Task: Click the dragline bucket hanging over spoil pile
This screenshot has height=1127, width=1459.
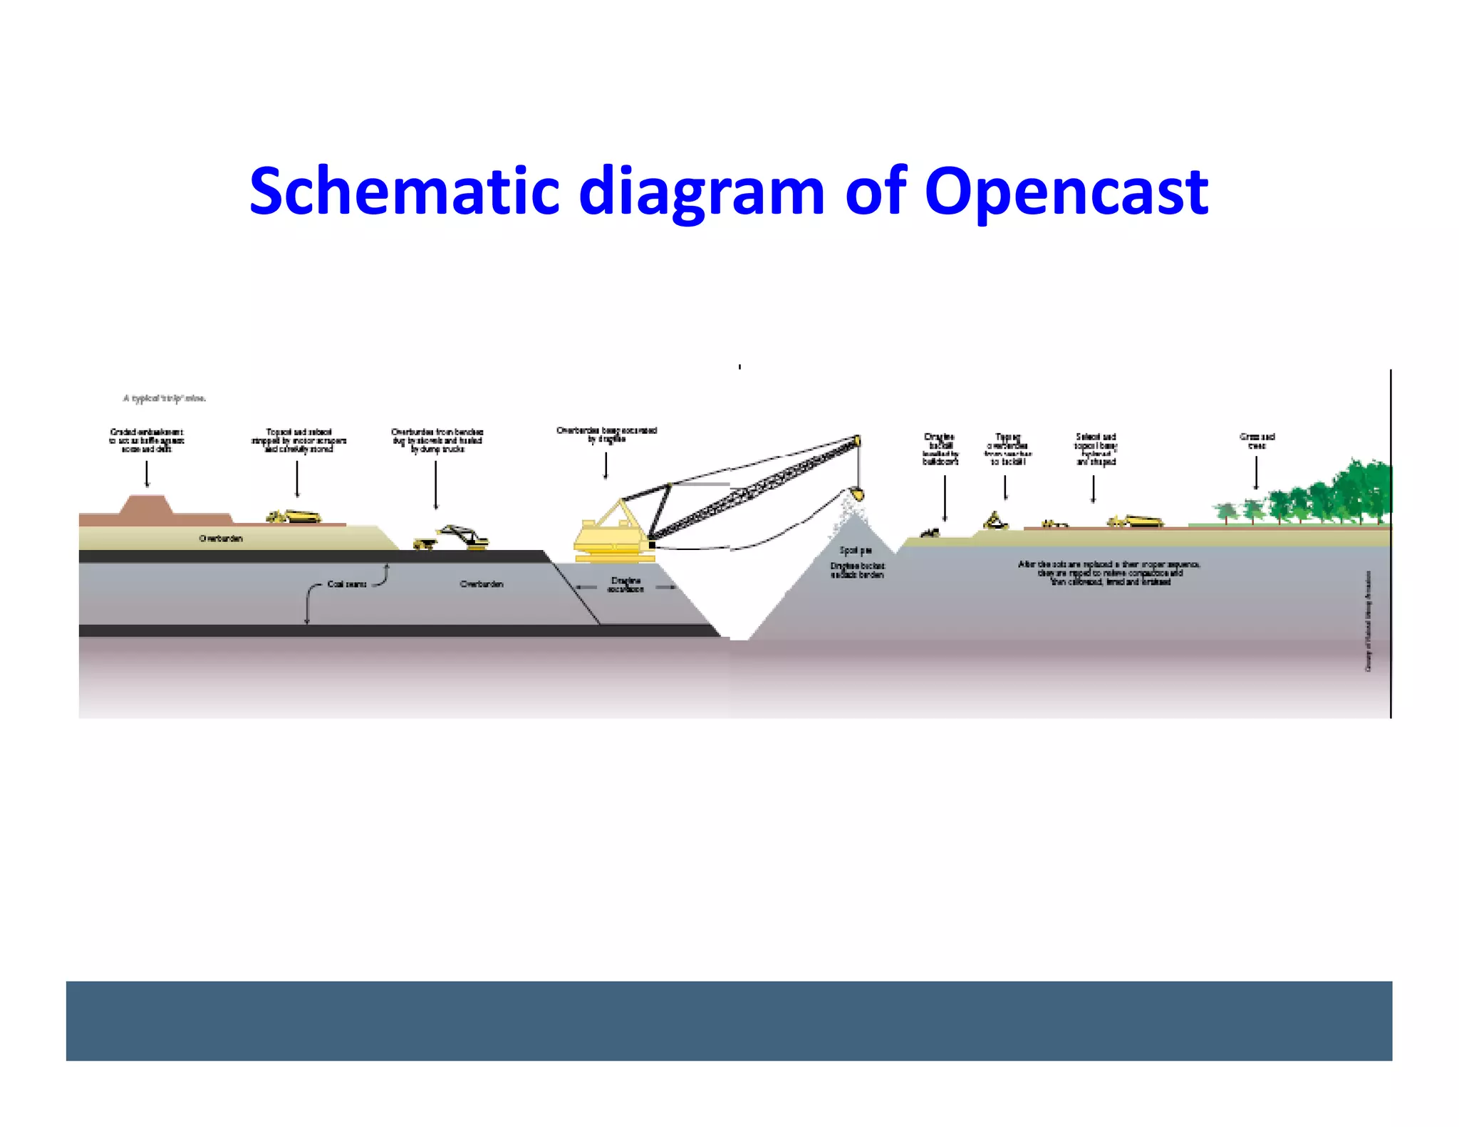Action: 857,493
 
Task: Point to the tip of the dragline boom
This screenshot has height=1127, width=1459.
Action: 857,440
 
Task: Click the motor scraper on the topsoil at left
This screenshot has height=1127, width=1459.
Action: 294,516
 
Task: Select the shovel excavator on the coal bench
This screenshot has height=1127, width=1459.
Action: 464,537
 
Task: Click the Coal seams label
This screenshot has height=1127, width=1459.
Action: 347,584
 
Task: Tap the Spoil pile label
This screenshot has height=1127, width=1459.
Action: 855,551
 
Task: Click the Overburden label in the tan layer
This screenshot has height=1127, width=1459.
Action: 221,539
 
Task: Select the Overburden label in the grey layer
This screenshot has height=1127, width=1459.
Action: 482,584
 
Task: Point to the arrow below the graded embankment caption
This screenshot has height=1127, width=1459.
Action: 147,474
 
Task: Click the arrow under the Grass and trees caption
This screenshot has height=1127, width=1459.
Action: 1256,473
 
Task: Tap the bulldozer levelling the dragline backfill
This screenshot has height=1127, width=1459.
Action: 930,532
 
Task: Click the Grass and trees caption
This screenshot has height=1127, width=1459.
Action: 1257,441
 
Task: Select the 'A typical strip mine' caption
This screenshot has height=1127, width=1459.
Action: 165,398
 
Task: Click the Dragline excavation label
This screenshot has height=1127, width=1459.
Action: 625,585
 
